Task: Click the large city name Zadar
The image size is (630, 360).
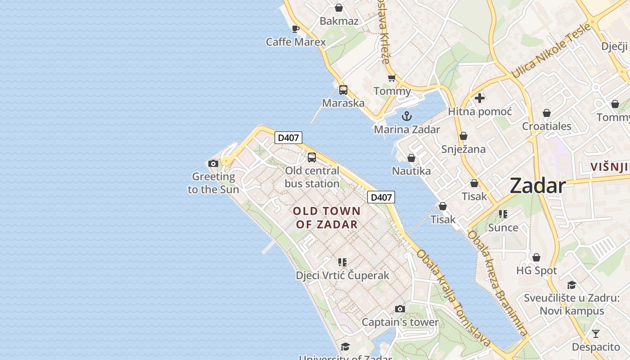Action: pos(537,186)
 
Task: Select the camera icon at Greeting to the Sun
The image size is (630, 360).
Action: pos(213,163)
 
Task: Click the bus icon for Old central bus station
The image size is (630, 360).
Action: pos(311,157)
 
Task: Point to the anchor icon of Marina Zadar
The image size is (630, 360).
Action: pos(407,116)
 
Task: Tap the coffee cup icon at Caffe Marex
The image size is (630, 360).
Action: pos(296,29)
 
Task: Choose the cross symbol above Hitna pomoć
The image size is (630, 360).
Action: pos(480,98)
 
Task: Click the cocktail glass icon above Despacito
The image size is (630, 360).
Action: pos(596,334)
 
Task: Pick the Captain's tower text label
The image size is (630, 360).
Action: pos(400,322)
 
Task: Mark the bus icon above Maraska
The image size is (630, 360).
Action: pos(343,90)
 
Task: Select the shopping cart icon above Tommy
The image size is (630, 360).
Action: pos(392,78)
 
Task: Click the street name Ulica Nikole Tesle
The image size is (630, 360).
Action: pos(551,50)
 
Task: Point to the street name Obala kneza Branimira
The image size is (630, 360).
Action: pos(497,283)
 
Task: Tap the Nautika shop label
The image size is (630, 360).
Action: pos(411,171)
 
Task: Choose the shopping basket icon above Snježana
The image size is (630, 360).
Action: pos(463,136)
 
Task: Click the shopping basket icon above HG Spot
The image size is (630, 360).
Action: pos(536,257)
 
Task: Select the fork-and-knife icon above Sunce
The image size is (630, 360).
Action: pos(503,214)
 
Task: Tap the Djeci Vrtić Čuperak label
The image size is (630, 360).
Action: pos(342,275)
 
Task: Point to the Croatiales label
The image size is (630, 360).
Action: pos(547,126)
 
